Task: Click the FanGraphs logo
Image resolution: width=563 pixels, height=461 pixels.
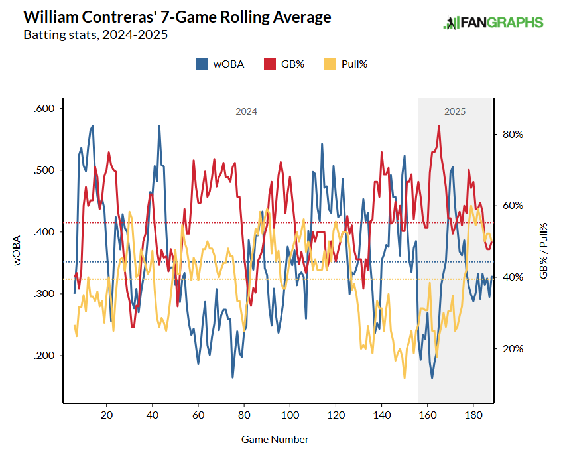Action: click(493, 23)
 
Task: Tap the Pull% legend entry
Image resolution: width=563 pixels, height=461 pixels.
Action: click(345, 64)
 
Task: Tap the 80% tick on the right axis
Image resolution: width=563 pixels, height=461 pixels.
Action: click(513, 134)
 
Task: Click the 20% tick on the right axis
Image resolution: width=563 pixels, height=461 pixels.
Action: click(513, 349)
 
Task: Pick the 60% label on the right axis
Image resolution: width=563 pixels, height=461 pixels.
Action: click(513, 206)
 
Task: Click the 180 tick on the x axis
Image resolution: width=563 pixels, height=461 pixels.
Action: click(473, 416)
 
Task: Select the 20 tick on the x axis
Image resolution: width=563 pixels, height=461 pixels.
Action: click(106, 416)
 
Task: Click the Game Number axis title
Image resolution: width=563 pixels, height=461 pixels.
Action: click(275, 439)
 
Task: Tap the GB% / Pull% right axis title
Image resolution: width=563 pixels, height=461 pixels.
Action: click(544, 249)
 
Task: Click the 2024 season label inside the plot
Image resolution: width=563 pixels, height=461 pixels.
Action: click(246, 112)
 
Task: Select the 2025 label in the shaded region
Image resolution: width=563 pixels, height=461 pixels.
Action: click(455, 112)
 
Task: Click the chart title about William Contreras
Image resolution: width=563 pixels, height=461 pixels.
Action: click(177, 17)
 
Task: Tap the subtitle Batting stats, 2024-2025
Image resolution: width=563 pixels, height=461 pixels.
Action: click(95, 34)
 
